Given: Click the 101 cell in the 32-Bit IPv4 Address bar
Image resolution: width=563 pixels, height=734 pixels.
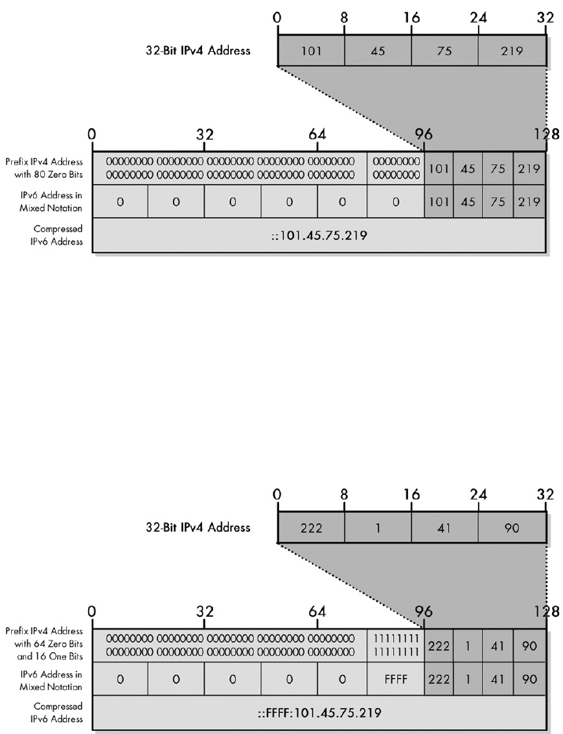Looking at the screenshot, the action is point(311,51).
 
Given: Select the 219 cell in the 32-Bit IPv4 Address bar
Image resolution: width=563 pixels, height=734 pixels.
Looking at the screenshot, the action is point(512,51).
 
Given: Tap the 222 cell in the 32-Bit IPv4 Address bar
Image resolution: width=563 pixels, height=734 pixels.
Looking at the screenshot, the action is point(311,526).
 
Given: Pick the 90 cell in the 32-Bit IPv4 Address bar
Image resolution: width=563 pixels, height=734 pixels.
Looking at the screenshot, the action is point(512,526).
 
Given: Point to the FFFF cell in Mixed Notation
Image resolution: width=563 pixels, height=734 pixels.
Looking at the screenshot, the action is point(396,678).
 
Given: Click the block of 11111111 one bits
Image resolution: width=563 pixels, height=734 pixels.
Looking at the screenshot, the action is point(396,644).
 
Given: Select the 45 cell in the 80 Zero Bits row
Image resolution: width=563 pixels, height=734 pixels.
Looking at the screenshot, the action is point(469,168).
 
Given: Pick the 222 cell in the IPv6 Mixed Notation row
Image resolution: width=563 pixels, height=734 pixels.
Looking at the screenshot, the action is point(439,678).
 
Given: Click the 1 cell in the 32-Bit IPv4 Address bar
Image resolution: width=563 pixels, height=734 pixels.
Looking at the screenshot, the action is point(377,526).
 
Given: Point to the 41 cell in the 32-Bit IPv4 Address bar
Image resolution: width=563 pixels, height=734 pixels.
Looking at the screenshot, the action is point(444,526).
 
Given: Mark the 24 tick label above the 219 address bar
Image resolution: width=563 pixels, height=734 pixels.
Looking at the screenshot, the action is point(478,17).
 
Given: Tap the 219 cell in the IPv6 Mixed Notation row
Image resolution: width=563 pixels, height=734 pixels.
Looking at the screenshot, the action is point(528,201).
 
